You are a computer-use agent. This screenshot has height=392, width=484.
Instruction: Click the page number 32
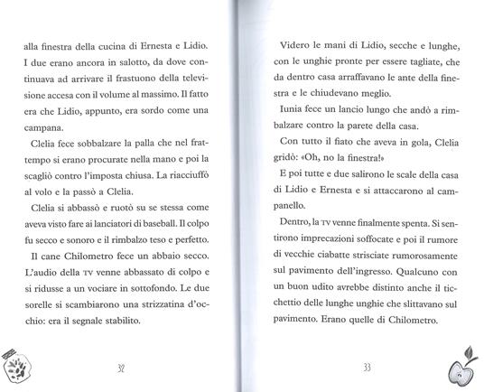click(121, 369)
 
